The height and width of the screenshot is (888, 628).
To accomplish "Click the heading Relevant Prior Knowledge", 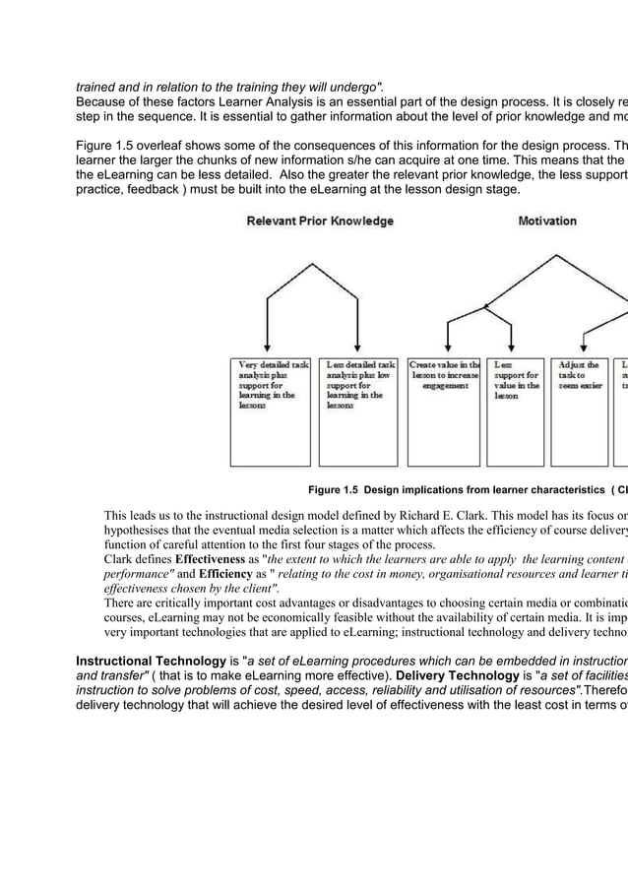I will (319, 221).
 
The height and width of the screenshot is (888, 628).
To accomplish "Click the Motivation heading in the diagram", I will (547, 221).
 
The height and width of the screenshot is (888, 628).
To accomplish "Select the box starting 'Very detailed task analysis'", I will (271, 411).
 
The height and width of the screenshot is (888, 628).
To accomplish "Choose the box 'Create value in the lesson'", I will (444, 411).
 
